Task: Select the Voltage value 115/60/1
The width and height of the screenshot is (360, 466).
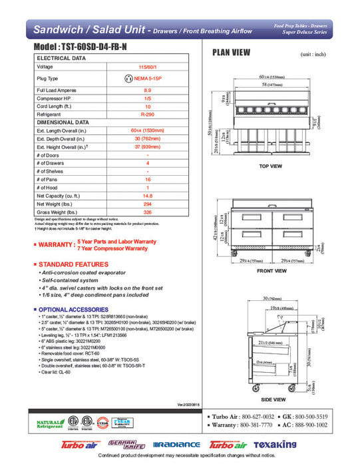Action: pyautogui.click(x=147, y=67)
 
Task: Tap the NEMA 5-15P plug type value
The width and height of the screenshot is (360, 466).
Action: pyautogui.click(x=147, y=78)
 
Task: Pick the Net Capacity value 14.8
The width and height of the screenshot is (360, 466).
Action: pyautogui.click(x=147, y=196)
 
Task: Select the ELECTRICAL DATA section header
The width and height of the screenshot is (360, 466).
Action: pyautogui.click(x=61, y=59)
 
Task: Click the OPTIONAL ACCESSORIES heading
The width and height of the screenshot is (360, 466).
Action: pyautogui.click(x=75, y=310)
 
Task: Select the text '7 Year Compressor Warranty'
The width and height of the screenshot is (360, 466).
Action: pyautogui.click(x=112, y=248)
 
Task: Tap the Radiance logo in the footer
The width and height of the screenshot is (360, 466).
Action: pyautogui.click(x=176, y=444)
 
